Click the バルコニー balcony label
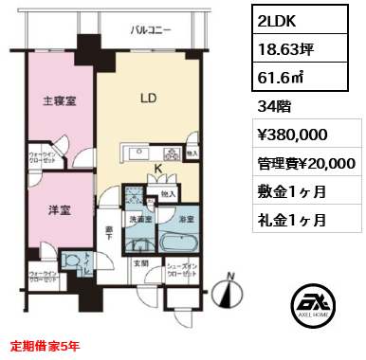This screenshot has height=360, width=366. (152, 30)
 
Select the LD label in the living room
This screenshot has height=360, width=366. (148, 99)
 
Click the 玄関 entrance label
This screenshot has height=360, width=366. (140, 263)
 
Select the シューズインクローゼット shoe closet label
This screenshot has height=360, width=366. (182, 271)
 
